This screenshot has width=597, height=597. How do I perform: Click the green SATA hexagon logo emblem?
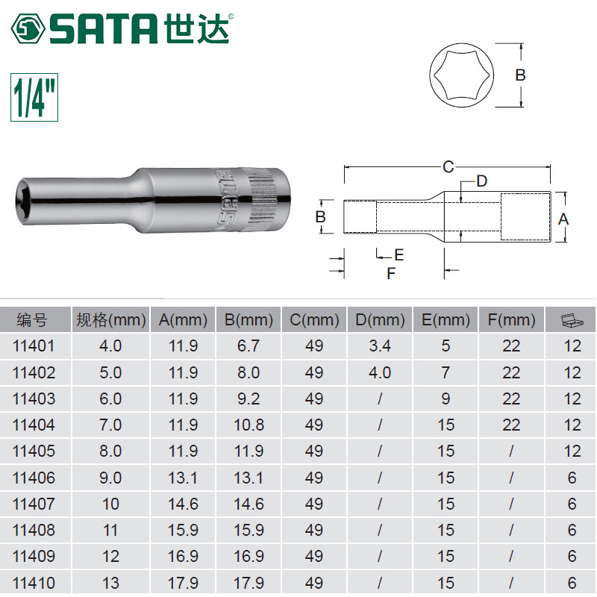pos(28,29)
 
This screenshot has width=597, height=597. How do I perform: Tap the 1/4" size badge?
pos(34,98)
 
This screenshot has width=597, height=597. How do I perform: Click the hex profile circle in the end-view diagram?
pos(461,75)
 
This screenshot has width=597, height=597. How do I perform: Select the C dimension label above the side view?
pos(448,166)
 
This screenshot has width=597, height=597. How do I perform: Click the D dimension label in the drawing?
pos(481,181)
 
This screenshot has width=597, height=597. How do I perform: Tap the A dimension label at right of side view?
pos(563,219)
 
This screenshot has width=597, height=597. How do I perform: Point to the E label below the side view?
pos(398,254)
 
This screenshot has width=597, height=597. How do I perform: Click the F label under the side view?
pos(391,273)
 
